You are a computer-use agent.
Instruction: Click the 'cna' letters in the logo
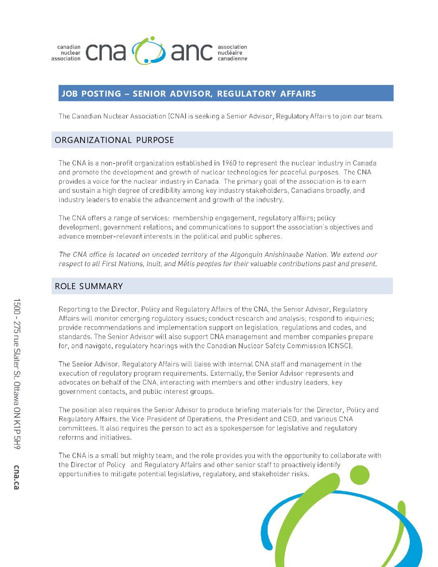[106, 52]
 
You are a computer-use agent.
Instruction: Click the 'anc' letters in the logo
[192, 52]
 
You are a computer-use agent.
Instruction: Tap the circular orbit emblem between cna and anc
[149, 51]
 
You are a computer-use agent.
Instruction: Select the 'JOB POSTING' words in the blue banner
[91, 94]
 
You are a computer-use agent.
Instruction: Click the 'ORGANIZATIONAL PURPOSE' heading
[114, 140]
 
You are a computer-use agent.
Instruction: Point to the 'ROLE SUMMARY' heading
[89, 286]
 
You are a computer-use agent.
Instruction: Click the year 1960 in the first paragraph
[229, 163]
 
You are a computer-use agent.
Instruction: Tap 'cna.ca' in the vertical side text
[17, 477]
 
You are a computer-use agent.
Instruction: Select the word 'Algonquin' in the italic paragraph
[245, 255]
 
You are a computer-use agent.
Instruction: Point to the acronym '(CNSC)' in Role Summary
[340, 346]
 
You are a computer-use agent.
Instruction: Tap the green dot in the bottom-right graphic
[359, 475]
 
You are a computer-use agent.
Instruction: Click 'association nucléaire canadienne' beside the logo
[232, 53]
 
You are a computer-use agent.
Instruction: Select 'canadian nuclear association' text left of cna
[66, 53]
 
